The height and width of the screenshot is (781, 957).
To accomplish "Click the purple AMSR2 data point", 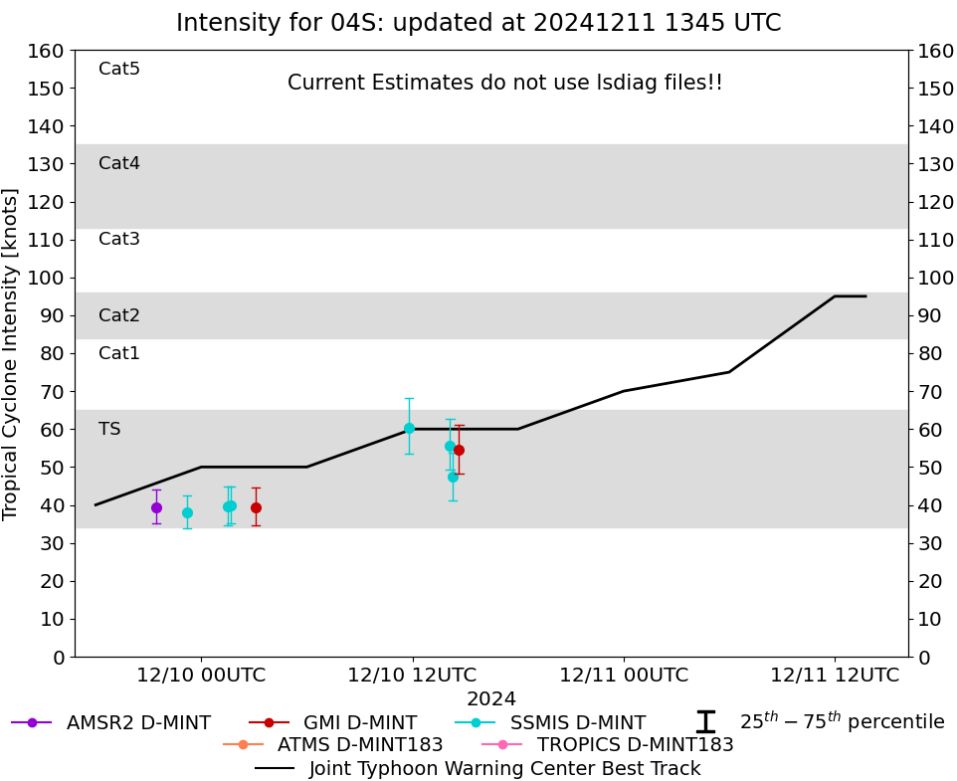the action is pyautogui.click(x=156, y=507).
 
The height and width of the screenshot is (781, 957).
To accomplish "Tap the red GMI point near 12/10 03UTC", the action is pyautogui.click(x=257, y=507).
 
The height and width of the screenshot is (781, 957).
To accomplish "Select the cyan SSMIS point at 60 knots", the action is pyautogui.click(x=410, y=429).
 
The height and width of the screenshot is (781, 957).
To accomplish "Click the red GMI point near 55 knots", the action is pyautogui.click(x=459, y=451).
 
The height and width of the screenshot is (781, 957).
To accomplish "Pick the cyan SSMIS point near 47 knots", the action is pyautogui.click(x=453, y=478).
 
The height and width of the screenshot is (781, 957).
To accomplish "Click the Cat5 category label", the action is pyautogui.click(x=119, y=69).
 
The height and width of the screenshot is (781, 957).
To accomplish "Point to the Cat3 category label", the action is pyautogui.click(x=119, y=239).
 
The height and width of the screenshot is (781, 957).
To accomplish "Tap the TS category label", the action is pyautogui.click(x=109, y=429).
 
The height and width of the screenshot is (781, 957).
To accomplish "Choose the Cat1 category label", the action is pyautogui.click(x=119, y=353).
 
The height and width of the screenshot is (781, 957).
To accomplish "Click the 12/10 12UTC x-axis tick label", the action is pyautogui.click(x=412, y=675).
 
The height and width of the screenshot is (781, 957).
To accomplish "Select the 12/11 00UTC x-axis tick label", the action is pyautogui.click(x=624, y=675).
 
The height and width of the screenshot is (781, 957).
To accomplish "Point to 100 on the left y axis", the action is pyautogui.click(x=46, y=278).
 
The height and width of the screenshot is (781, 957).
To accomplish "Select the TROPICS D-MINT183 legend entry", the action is pyautogui.click(x=608, y=744).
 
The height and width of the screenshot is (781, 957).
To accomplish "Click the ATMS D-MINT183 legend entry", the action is pyautogui.click(x=333, y=744).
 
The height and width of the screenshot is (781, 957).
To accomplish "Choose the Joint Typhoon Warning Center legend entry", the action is pyautogui.click(x=478, y=768).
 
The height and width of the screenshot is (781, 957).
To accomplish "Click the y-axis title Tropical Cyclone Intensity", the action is pyautogui.click(x=10, y=354).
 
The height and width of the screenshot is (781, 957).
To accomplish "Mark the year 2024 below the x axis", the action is pyautogui.click(x=491, y=698).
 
